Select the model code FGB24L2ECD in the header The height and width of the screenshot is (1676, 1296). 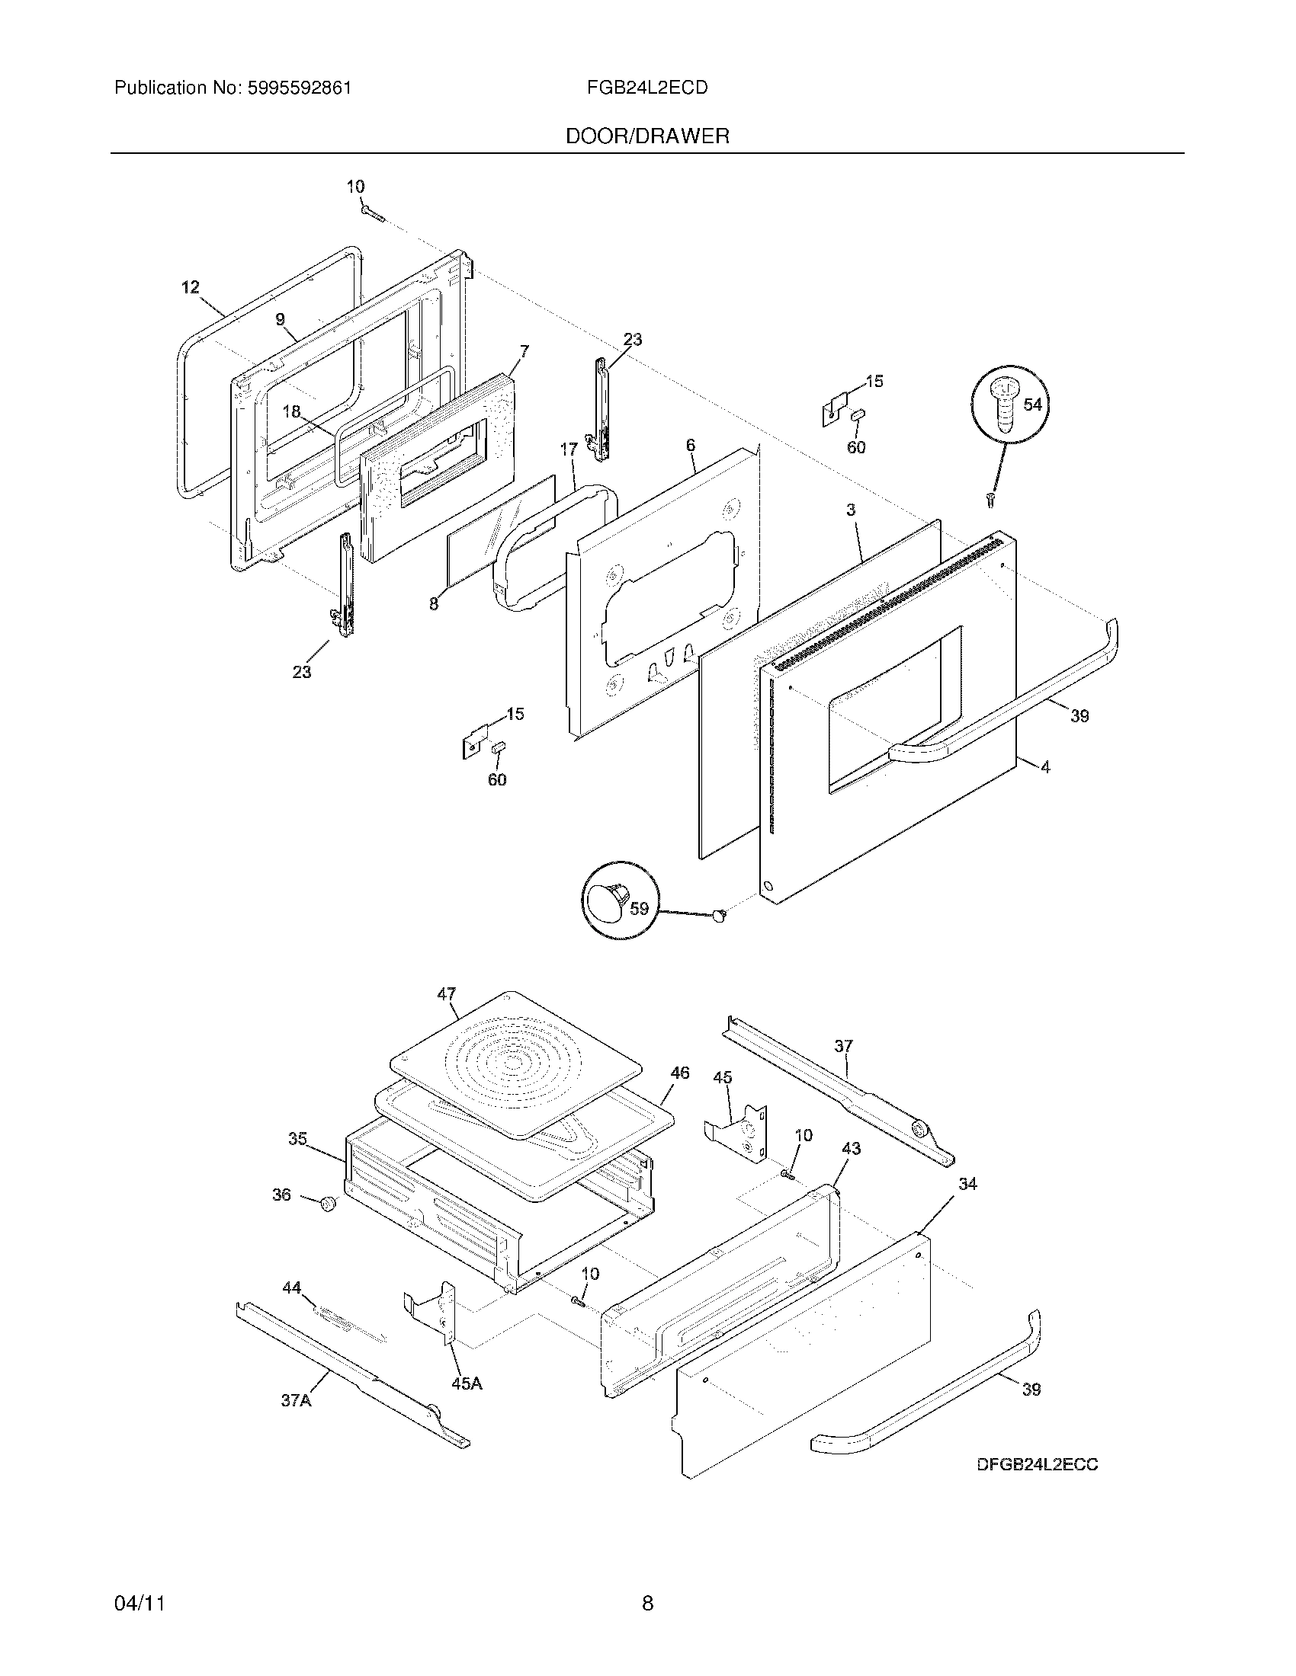point(646,88)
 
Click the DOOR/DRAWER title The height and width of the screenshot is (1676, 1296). point(647,136)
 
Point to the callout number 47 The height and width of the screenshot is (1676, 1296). point(447,993)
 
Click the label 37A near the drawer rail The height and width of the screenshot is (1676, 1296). point(296,1400)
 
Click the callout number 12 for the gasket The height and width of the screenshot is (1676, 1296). point(191,287)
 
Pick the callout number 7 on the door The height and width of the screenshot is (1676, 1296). point(524,351)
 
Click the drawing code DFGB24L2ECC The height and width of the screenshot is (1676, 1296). point(1037,1464)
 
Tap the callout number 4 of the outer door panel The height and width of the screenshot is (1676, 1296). point(1045,766)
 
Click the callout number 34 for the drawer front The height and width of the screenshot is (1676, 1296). point(967,1184)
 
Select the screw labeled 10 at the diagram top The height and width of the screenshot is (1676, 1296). point(369,209)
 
